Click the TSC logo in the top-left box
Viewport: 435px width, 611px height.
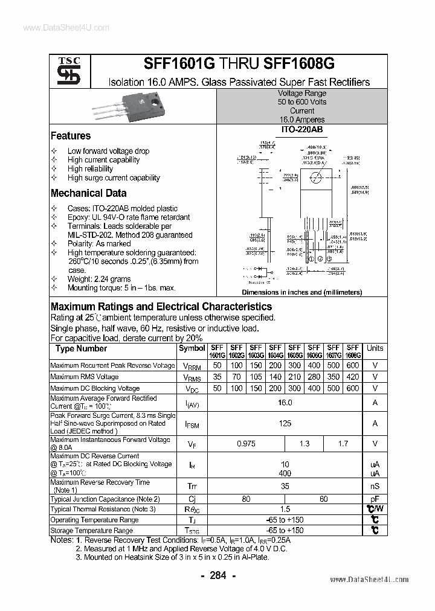click(64, 71)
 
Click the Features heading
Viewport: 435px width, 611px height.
click(71, 136)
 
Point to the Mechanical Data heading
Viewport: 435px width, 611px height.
click(88, 193)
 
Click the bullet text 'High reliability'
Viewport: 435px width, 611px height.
click(90, 169)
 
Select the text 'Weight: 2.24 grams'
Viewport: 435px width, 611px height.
click(99, 279)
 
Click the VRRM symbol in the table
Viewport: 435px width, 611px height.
click(192, 366)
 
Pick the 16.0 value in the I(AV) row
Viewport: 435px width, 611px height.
click(285, 403)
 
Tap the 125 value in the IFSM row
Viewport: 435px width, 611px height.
click(285, 423)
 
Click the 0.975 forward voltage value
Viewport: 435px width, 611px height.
click(246, 444)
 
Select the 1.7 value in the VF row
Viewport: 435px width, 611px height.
click(343, 444)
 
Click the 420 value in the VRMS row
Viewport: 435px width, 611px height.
click(353, 377)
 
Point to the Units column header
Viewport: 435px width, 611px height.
click(375, 348)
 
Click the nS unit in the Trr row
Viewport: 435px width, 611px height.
click(375, 486)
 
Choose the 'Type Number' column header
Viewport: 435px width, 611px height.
click(81, 348)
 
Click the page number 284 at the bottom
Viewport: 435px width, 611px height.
click(217, 575)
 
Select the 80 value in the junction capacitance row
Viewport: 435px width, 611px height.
click(246, 499)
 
